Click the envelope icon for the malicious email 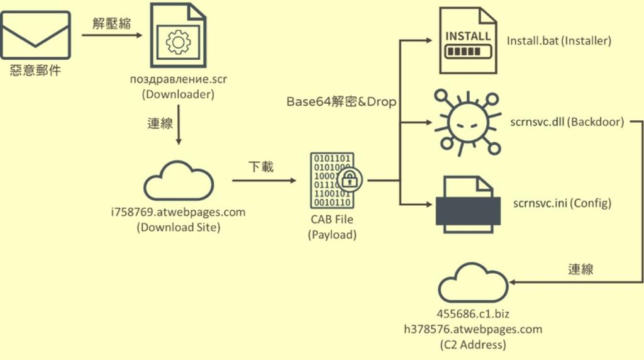point(36,35)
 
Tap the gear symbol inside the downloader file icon point(178,42)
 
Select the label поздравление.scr point(178,79)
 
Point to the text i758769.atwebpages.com point(178,212)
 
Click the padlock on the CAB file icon point(350,179)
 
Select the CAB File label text point(332,219)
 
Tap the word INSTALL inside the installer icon point(468,36)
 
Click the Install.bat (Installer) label point(559,41)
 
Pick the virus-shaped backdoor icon point(468,123)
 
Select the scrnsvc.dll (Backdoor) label point(567,121)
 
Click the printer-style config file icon point(468,205)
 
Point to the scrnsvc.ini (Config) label point(562,203)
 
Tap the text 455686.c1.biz point(473,314)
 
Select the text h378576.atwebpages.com point(473,329)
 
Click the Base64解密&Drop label point(341,101)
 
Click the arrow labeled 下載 point(264,181)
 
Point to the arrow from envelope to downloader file point(112,35)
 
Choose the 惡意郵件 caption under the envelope point(35,70)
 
